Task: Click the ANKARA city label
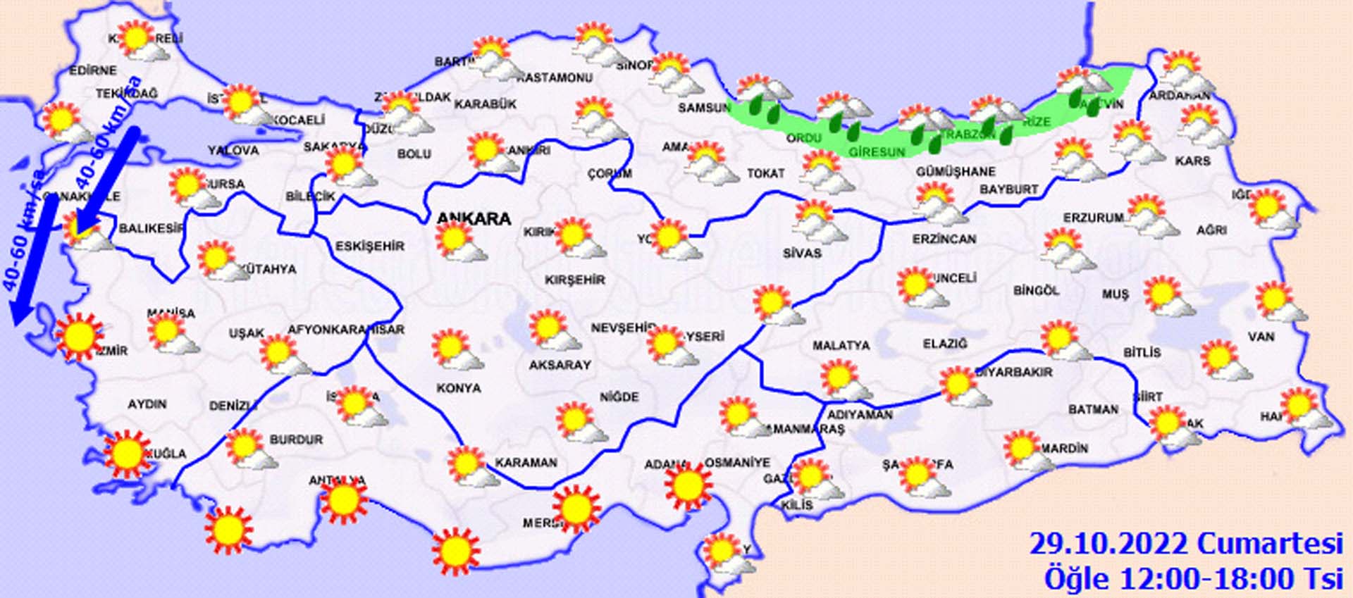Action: pos(474,219)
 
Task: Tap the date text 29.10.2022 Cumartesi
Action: pos(1185,544)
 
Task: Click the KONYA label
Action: pos(459,388)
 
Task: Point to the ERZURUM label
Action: pos(1093,218)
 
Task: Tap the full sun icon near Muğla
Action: pos(128,454)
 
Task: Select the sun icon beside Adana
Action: pos(688,485)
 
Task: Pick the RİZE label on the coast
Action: pos(1037,123)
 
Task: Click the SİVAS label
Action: pos(802,253)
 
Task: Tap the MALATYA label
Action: pos(841,346)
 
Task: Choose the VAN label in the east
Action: pos(1261,337)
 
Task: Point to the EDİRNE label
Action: pos(93,70)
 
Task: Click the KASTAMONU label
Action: pos(555,77)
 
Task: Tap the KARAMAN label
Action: pos(526,463)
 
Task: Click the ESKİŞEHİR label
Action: pos(370,247)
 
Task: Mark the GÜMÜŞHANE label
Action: pos(956,171)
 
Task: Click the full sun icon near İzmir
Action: pos(79,337)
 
